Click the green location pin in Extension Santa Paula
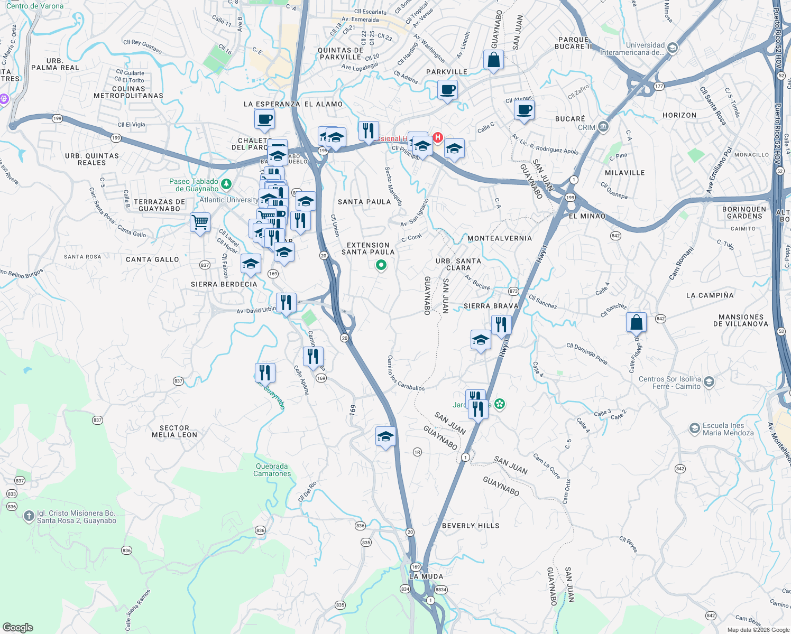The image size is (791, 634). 381,265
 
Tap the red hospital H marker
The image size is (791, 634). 438,138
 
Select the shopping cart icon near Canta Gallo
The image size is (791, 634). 200,222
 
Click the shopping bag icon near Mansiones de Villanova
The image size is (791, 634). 636,322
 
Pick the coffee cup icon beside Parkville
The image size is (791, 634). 447,90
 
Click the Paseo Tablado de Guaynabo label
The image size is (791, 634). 194,185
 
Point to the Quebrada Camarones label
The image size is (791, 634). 272,470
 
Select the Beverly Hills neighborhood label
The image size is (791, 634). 471,526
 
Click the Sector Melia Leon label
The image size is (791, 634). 174,432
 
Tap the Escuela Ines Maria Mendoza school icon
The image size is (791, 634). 695,428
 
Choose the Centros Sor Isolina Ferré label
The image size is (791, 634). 669,383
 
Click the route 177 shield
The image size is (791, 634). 658,86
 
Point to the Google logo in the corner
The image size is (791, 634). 18,628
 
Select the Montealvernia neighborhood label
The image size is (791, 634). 500,238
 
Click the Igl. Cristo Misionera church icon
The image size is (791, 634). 29,516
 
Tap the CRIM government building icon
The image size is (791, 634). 603,127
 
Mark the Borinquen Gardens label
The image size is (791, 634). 744,212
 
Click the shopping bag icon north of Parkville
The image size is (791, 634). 493,60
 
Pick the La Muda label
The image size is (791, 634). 426,576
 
